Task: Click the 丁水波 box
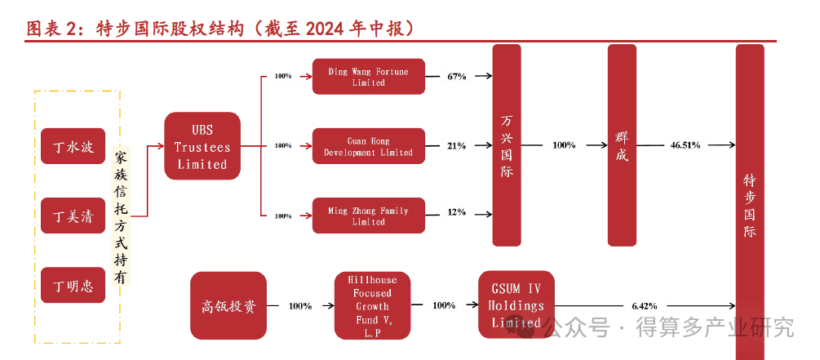click(x=73, y=148)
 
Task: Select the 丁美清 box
click(x=73, y=217)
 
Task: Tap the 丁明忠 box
click(x=73, y=286)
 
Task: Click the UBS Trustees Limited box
click(x=202, y=146)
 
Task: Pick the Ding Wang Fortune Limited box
click(x=369, y=77)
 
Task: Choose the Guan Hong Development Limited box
click(x=369, y=146)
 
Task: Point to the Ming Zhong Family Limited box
click(x=369, y=216)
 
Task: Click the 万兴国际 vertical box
click(x=507, y=145)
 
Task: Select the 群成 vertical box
click(x=622, y=145)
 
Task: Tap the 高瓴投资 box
click(x=228, y=306)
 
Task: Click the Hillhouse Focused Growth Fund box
click(x=373, y=306)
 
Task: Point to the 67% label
click(x=456, y=77)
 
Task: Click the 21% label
click(x=456, y=146)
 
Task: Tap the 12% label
click(x=456, y=212)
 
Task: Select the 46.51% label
click(x=685, y=145)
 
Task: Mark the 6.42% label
click(x=644, y=305)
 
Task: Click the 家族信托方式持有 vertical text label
click(x=121, y=216)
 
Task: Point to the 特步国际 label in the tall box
click(x=750, y=204)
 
